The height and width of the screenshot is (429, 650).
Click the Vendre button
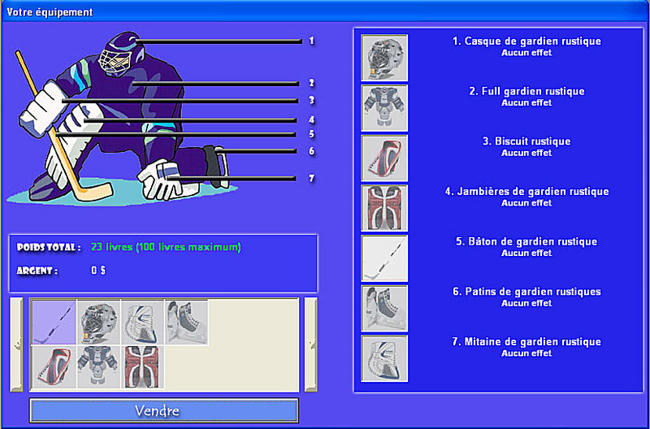pos(164,410)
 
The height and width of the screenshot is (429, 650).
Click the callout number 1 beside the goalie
pos(311,41)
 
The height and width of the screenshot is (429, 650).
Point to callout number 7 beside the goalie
pos(311,179)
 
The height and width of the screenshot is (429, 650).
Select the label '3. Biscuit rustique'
pos(526,141)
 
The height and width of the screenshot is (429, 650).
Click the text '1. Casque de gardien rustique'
pos(526,41)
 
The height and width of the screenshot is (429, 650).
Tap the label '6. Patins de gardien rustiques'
pos(526,292)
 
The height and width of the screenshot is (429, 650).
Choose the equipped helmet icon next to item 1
pos(384,58)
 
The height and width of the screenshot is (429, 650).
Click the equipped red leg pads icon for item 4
pos(384,208)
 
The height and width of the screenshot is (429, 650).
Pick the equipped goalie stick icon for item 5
pos(384,258)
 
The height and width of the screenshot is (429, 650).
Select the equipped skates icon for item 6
pos(384,309)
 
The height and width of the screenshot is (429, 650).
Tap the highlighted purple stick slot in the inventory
pos(54,322)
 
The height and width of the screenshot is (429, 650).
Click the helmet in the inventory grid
pos(98,322)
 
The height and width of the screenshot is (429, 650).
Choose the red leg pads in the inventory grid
pos(142,367)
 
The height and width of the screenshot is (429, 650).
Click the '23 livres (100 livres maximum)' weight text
pos(166,248)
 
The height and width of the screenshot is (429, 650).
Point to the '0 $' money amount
pos(98,271)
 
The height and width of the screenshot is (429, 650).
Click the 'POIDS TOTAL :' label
pos(49,248)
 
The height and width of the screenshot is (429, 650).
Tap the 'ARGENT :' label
pos(37,271)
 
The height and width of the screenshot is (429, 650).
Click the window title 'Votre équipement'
pos(50,12)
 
